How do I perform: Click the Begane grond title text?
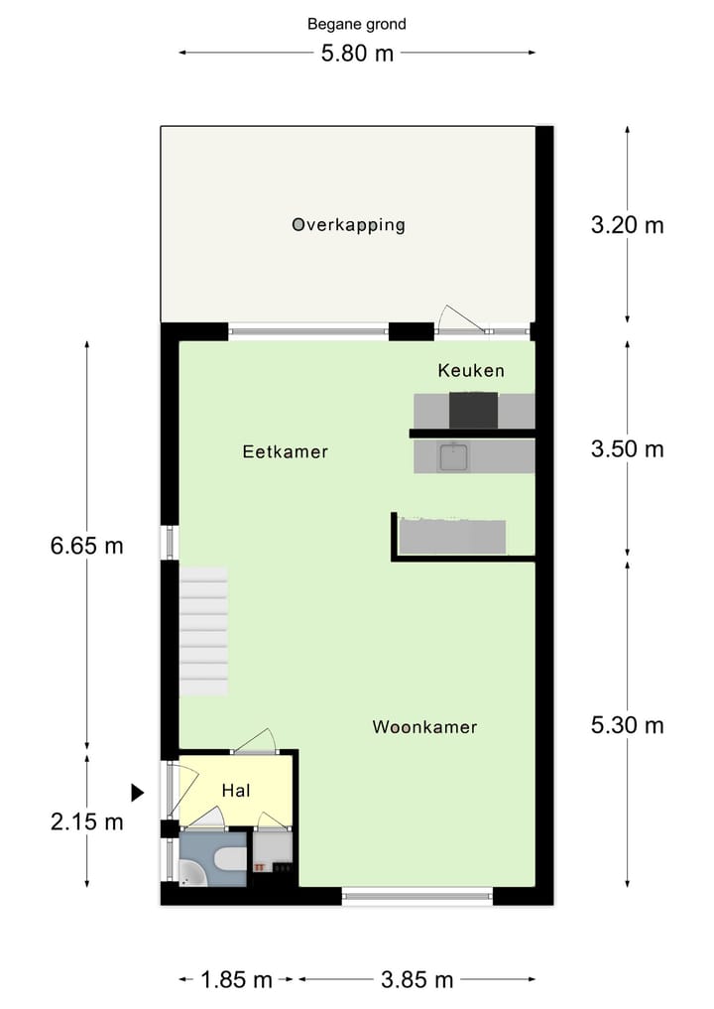point(357,24)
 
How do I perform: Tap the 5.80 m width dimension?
point(357,54)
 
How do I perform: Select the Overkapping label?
point(348,225)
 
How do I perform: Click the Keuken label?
point(471,371)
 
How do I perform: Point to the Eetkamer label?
point(286,452)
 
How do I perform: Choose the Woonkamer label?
point(424,727)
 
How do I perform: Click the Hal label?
point(235,791)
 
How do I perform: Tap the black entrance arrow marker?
point(138,792)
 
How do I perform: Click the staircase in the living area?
point(203,631)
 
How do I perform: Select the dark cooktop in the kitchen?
point(473,410)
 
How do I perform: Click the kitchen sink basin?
point(455,457)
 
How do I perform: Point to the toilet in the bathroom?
point(228,859)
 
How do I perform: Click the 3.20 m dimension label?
point(627,225)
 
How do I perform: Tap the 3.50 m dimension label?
point(627,449)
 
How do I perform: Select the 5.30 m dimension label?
point(627,725)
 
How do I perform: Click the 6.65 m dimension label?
point(87,545)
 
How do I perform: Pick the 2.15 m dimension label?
point(87,821)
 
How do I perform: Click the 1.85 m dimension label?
point(236,980)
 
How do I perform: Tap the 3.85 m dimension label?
point(416,980)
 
